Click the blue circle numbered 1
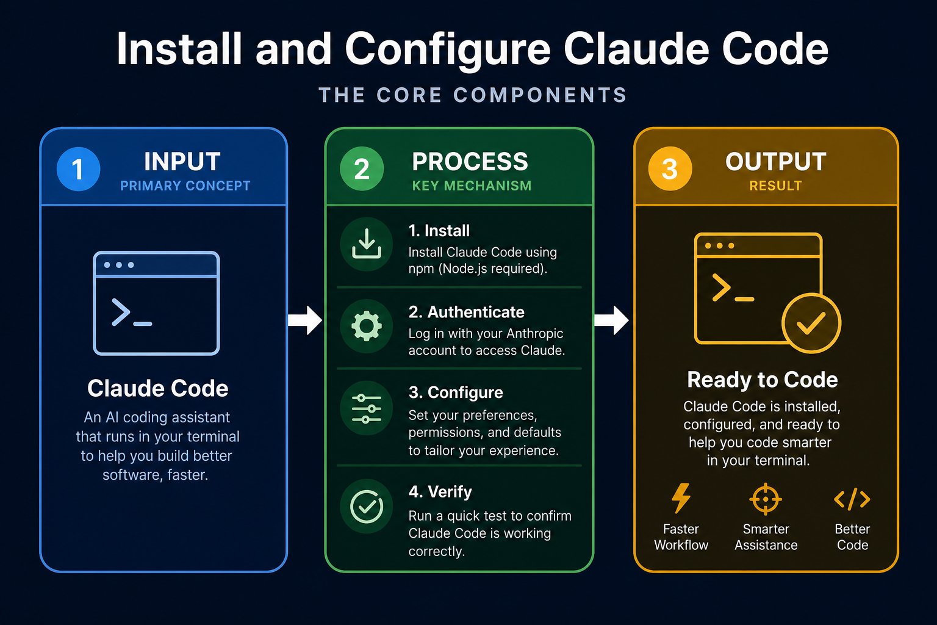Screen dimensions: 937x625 click(78, 169)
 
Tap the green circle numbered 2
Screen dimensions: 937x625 click(362, 168)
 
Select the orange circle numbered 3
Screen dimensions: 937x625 click(670, 168)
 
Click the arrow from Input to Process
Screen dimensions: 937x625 click(305, 320)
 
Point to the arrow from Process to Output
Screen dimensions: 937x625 click(611, 320)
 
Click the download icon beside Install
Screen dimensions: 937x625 click(367, 244)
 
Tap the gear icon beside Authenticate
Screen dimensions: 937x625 click(367, 326)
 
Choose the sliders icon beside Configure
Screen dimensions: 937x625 click(367, 408)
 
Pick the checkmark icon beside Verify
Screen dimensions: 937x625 click(367, 507)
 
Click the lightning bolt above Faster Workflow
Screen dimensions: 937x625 click(681, 498)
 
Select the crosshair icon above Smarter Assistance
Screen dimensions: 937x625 click(766, 499)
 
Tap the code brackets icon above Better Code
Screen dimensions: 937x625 click(852, 499)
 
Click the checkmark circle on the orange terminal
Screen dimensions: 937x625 click(811, 323)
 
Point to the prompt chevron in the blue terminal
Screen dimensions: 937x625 click(121, 312)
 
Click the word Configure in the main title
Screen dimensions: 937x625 click(448, 50)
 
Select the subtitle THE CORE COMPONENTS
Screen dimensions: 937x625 click(473, 95)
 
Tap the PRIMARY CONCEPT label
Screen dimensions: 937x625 click(185, 186)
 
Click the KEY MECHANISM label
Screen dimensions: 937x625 click(472, 186)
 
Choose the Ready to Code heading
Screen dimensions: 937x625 click(763, 380)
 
